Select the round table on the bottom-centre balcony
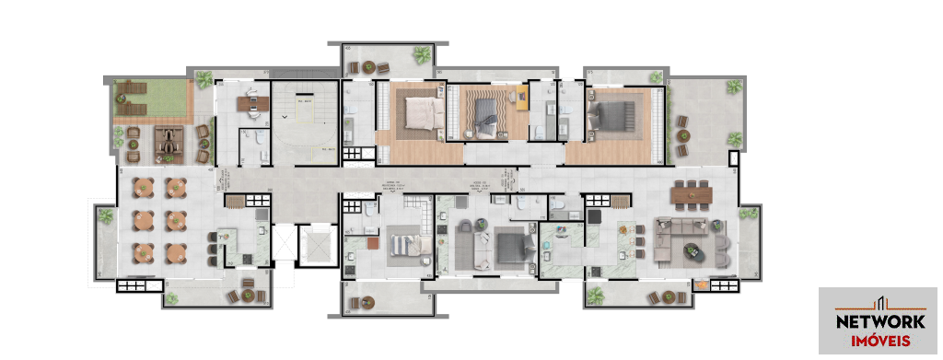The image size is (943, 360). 369,300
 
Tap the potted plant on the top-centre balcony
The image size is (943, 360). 421,54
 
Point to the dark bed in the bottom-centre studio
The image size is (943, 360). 509,247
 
